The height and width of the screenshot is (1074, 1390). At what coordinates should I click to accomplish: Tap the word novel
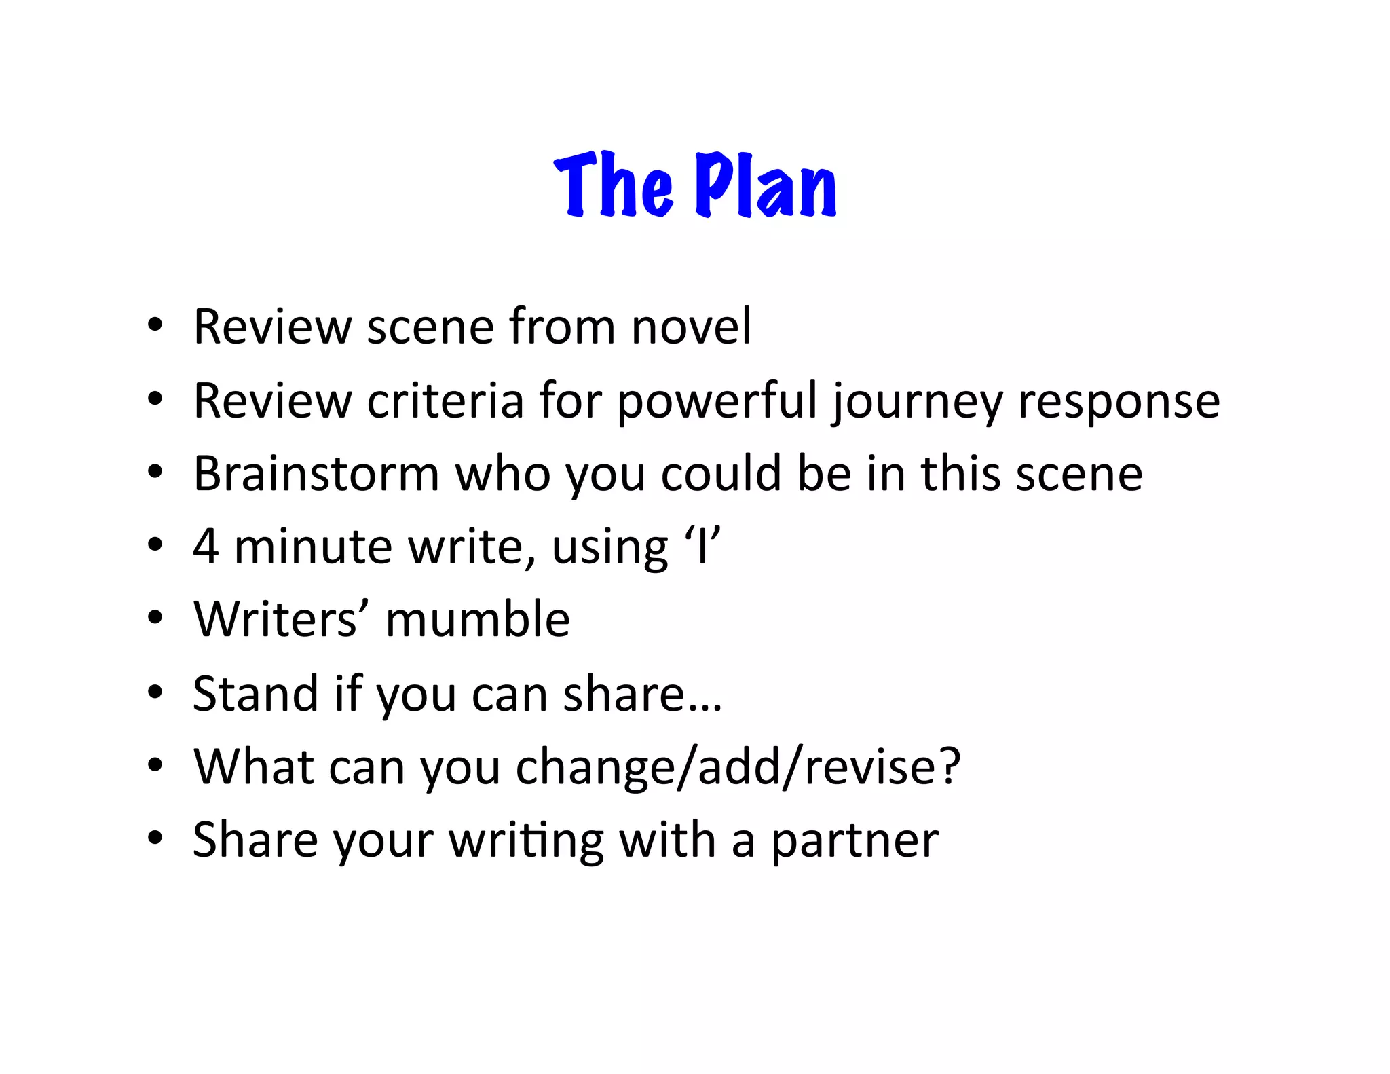pos(691,327)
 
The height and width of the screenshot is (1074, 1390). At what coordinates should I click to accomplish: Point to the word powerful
pos(717,402)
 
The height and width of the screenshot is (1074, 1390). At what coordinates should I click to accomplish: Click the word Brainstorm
pos(316,473)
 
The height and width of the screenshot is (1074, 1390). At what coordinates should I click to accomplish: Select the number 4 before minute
pos(206,547)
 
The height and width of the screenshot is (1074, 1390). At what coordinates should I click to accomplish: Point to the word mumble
pos(478,620)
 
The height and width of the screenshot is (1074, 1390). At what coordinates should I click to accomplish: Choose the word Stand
pos(255,693)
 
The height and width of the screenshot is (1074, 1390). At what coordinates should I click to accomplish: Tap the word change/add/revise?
pos(738,768)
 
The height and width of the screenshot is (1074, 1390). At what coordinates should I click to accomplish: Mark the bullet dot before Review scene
pos(155,326)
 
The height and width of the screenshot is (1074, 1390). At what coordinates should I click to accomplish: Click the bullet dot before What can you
pos(155,766)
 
